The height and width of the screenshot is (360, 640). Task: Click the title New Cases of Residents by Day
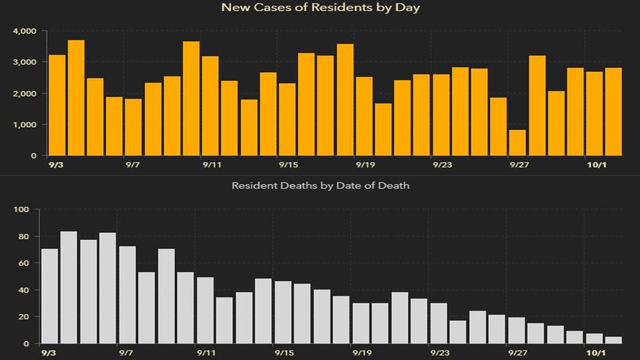tap(320, 8)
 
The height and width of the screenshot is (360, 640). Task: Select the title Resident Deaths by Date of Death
tap(320, 185)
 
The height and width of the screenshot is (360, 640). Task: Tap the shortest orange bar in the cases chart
tap(518, 142)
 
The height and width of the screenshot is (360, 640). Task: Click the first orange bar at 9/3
tap(57, 105)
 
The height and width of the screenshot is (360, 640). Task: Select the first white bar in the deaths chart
tap(49, 296)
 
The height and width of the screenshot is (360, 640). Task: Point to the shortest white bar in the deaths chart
tap(613, 339)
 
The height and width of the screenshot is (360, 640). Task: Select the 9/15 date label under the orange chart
tap(288, 166)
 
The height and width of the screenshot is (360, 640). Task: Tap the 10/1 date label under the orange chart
tap(595, 166)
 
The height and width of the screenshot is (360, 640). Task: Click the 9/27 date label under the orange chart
tap(518, 166)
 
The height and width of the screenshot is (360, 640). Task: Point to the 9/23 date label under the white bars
tap(440, 353)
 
